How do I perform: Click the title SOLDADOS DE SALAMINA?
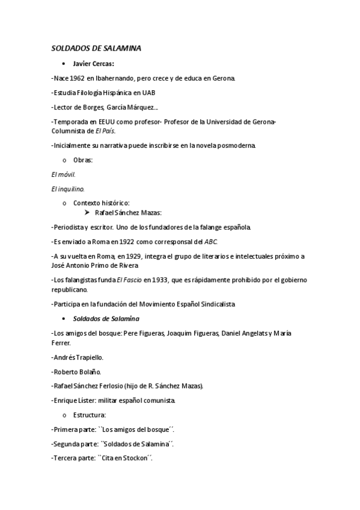tap(96, 49)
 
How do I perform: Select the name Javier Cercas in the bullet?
tap(93, 64)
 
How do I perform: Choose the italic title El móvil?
tap(64, 174)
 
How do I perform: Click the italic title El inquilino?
tap(67, 188)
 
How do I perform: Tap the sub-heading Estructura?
tap(90, 414)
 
